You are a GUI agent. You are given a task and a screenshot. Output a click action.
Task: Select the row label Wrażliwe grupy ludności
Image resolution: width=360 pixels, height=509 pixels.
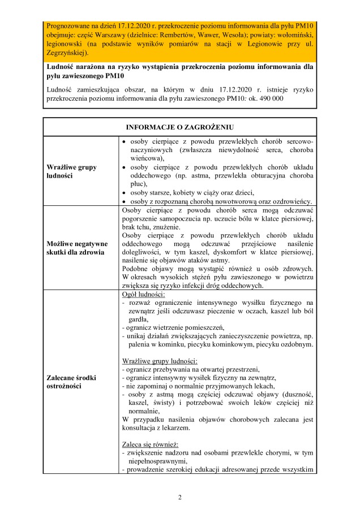(71, 171)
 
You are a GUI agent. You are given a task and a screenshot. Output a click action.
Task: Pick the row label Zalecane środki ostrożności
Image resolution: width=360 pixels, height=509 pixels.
(71, 381)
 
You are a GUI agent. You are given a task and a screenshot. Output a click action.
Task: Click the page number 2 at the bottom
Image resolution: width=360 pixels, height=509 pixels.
(179, 497)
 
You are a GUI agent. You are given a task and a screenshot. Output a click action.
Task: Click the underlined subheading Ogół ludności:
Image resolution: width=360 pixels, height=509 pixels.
(144, 295)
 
